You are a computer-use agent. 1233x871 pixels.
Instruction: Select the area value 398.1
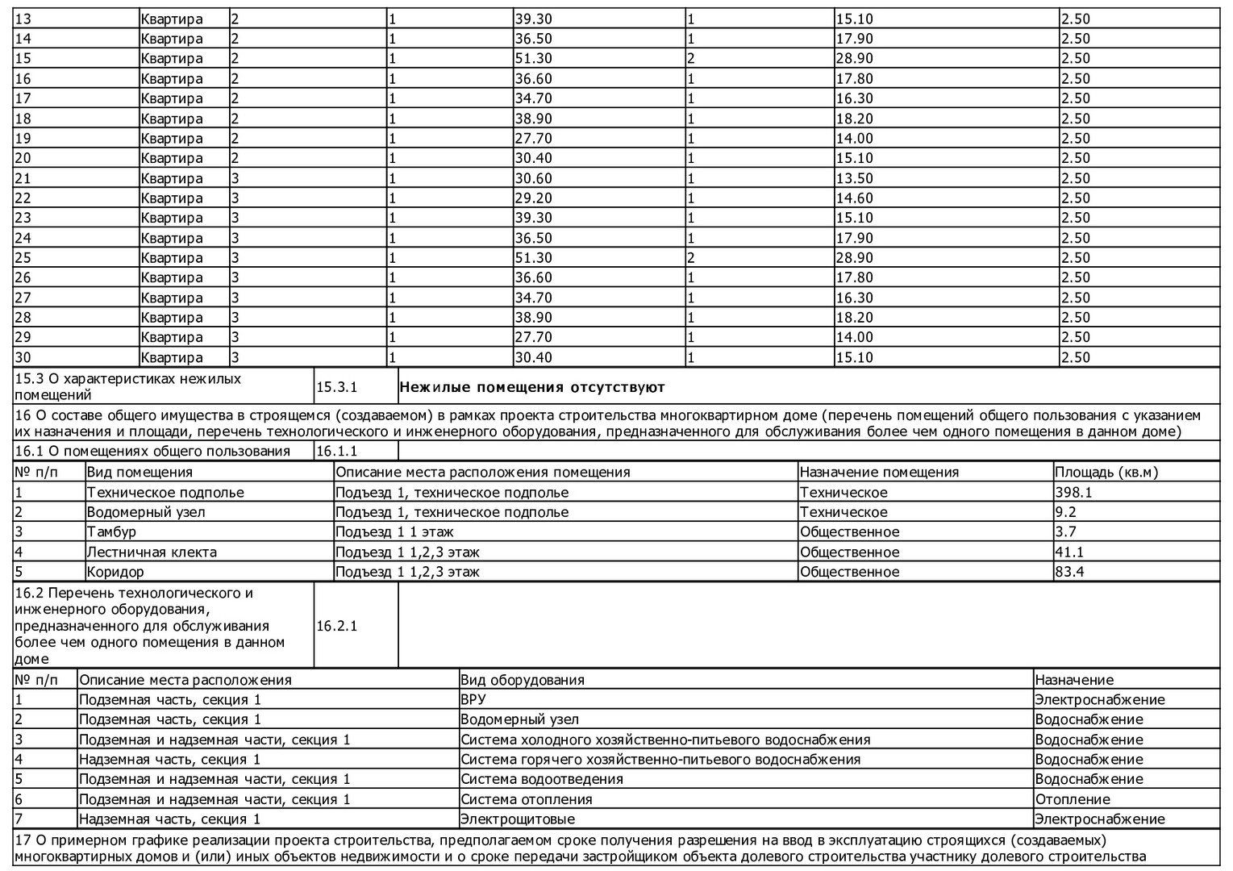pos(1073,492)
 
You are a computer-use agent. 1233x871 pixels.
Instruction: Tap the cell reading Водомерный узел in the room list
pos(146,512)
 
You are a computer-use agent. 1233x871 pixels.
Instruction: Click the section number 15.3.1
pos(336,387)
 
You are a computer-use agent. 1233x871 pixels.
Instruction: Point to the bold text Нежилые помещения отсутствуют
pos(532,387)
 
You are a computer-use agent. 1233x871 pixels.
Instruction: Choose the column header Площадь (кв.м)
pos(1106,473)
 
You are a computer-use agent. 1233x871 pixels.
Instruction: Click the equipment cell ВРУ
pos(473,699)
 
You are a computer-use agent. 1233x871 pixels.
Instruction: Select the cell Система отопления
pos(527,799)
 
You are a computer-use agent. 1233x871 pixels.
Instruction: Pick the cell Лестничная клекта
pos(152,552)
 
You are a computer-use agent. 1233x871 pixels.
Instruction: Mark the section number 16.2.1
pos(337,626)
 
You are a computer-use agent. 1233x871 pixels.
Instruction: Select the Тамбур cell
pos(111,532)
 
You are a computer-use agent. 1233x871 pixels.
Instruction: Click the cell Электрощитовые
pos(518,819)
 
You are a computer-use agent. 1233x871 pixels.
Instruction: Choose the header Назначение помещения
pos(879,473)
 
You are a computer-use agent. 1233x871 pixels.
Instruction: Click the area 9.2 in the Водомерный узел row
pos(1065,512)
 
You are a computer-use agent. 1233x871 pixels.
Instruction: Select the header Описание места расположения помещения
pos(482,473)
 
